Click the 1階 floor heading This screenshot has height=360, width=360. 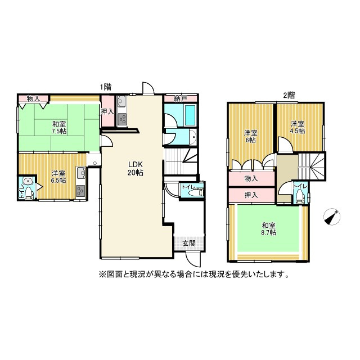point(106,87)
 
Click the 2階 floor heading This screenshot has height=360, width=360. point(289,95)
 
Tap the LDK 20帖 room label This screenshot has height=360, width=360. point(134,169)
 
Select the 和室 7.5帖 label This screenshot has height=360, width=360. point(59,128)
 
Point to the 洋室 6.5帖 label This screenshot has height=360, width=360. point(57,177)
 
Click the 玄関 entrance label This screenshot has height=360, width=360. point(188,243)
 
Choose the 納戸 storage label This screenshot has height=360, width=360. point(180,99)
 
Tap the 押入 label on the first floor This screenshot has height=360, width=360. point(107,111)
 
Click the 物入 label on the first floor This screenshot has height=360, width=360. point(33,99)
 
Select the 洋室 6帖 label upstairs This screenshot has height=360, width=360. point(250,136)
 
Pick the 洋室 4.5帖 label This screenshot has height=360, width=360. point(298,127)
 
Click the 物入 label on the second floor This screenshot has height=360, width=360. point(251,179)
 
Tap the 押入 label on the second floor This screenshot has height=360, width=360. point(251,195)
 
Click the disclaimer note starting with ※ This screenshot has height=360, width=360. point(195,275)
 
